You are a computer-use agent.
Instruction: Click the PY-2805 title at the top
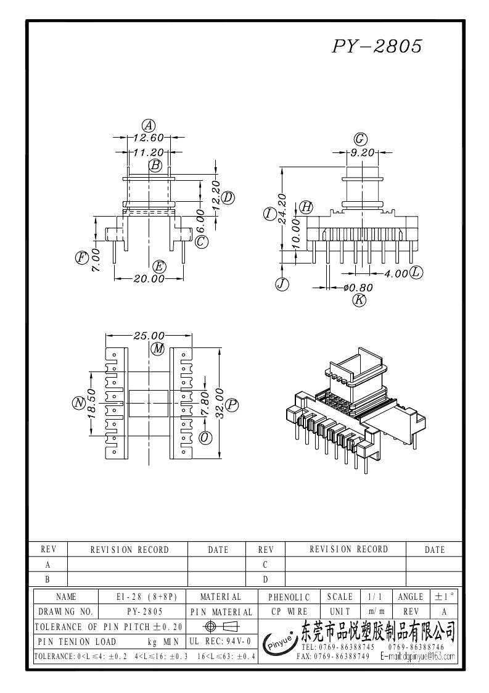point(377,46)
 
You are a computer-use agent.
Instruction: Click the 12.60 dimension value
point(149,138)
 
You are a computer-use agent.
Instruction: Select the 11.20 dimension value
point(149,152)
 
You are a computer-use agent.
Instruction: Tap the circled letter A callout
point(149,125)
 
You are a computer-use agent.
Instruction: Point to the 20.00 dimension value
point(149,279)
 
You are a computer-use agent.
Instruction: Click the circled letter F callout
point(82,257)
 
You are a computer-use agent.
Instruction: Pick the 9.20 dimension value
point(362,153)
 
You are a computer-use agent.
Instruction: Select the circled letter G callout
point(361,139)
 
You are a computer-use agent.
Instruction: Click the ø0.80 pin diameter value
point(358,288)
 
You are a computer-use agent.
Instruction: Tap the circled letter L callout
point(416,272)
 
